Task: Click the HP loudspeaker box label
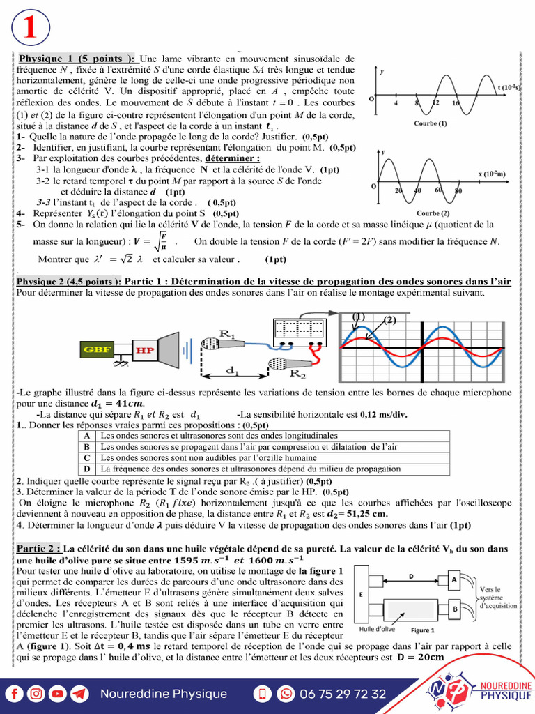pyautogui.click(x=145, y=350)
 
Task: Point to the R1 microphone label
pyautogui.click(x=227, y=333)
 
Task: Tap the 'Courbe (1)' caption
pyautogui.click(x=430, y=123)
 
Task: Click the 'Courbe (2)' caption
pyautogui.click(x=432, y=213)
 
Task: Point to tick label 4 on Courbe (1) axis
pyautogui.click(x=396, y=103)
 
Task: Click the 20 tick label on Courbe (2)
pyautogui.click(x=398, y=191)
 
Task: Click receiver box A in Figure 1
pyautogui.click(x=454, y=579)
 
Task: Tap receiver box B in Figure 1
pyautogui.click(x=454, y=609)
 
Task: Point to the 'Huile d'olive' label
pyautogui.click(x=376, y=629)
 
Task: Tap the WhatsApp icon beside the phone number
pyautogui.click(x=286, y=694)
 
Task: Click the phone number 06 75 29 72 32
pyautogui.click(x=342, y=694)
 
